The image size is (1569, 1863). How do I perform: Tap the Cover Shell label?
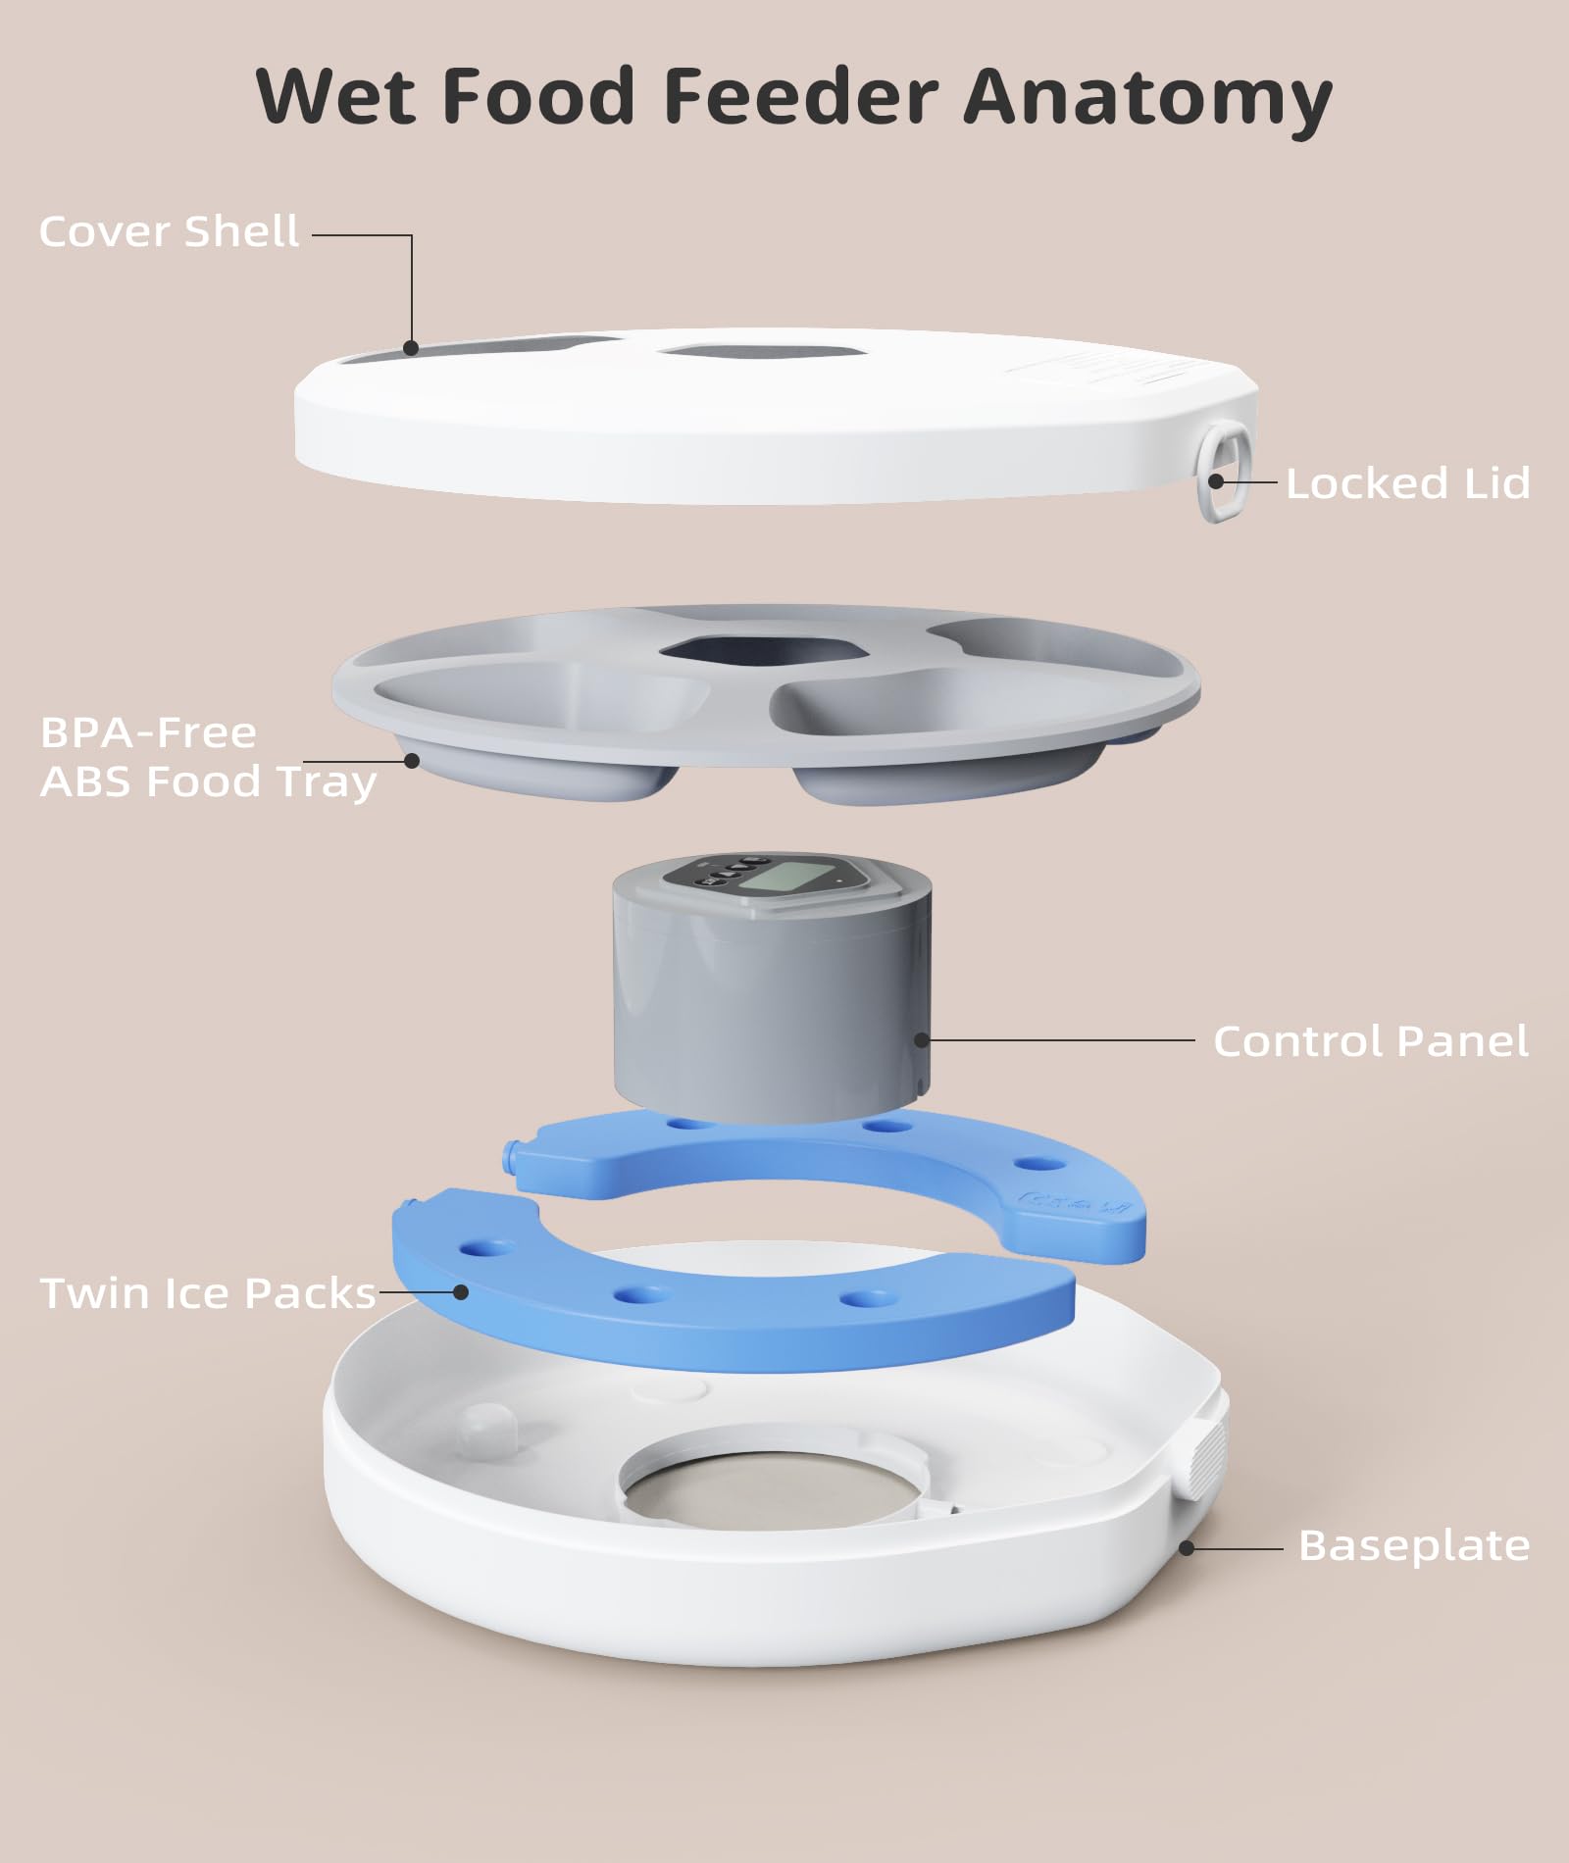[169, 232]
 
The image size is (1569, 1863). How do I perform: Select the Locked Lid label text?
[1407, 483]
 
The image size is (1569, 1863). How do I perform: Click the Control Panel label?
[1370, 1041]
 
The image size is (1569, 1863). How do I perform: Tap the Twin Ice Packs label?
[208, 1293]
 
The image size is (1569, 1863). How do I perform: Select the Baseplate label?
[1413, 1545]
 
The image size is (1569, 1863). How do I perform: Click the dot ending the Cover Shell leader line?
[412, 347]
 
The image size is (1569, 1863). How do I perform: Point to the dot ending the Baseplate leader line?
[1186, 1548]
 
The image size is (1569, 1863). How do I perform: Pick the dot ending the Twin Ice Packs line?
[461, 1292]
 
